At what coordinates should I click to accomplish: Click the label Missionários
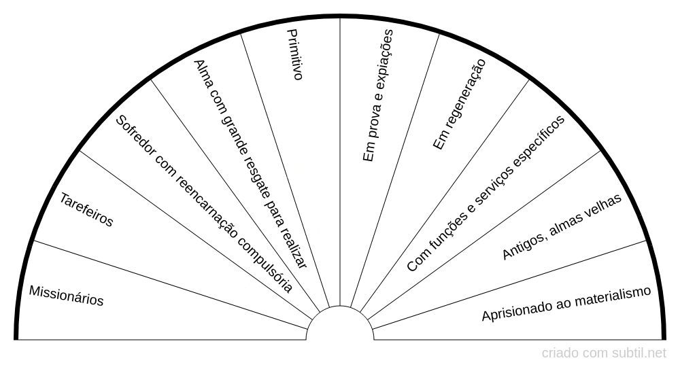[x=66, y=296]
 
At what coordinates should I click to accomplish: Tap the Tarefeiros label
[x=86, y=210]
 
